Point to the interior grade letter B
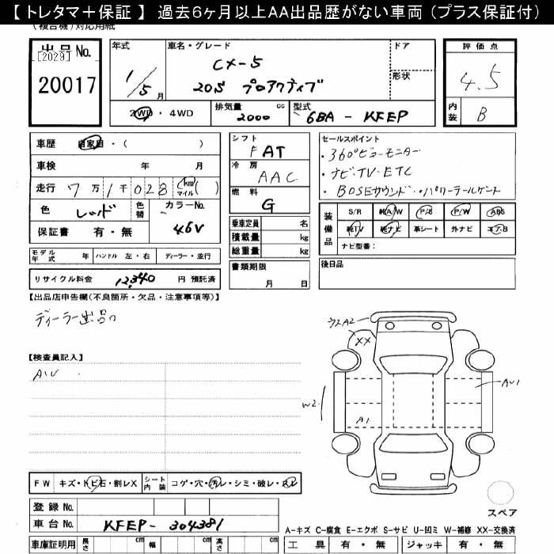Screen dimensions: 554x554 pyautogui.click(x=481, y=115)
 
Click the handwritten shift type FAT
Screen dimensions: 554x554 pyautogui.click(x=268, y=150)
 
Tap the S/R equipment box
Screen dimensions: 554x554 pyautogui.click(x=354, y=212)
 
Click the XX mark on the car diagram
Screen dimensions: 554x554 pyautogui.click(x=363, y=341)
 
